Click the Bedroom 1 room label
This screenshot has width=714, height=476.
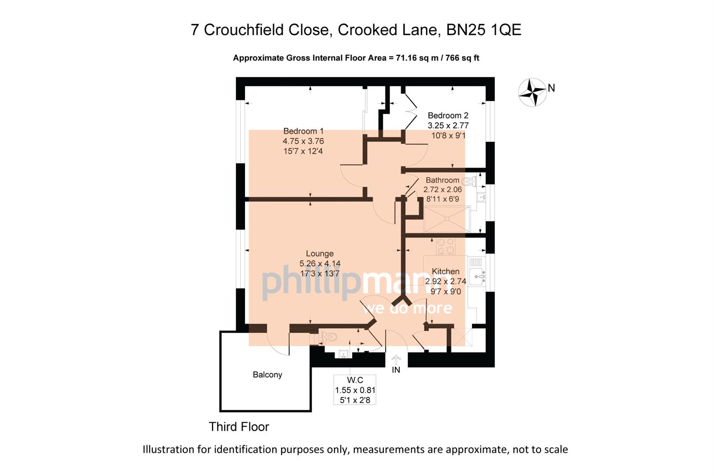[x=303, y=131]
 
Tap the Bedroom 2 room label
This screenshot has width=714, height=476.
[x=448, y=116]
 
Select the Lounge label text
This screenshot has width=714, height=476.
[x=320, y=254]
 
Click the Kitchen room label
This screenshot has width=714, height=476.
[x=445, y=271]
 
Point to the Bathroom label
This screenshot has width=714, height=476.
[x=442, y=180]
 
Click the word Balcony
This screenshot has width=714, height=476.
[x=267, y=375]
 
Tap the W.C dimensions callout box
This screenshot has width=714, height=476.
[x=355, y=390]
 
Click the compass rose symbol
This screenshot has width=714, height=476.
[x=532, y=92]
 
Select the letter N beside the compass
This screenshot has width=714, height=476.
[x=551, y=88]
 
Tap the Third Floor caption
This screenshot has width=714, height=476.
[x=238, y=427]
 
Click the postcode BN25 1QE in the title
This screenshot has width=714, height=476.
[x=483, y=30]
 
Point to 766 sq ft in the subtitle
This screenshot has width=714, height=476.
[x=462, y=58]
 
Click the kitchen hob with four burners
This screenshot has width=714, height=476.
[x=445, y=247]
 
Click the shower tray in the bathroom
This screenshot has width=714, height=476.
[x=446, y=219]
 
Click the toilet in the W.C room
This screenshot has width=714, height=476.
[x=329, y=337]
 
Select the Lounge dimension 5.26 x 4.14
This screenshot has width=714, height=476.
[x=320, y=264]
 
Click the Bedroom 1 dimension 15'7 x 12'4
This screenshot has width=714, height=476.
[x=303, y=151]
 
